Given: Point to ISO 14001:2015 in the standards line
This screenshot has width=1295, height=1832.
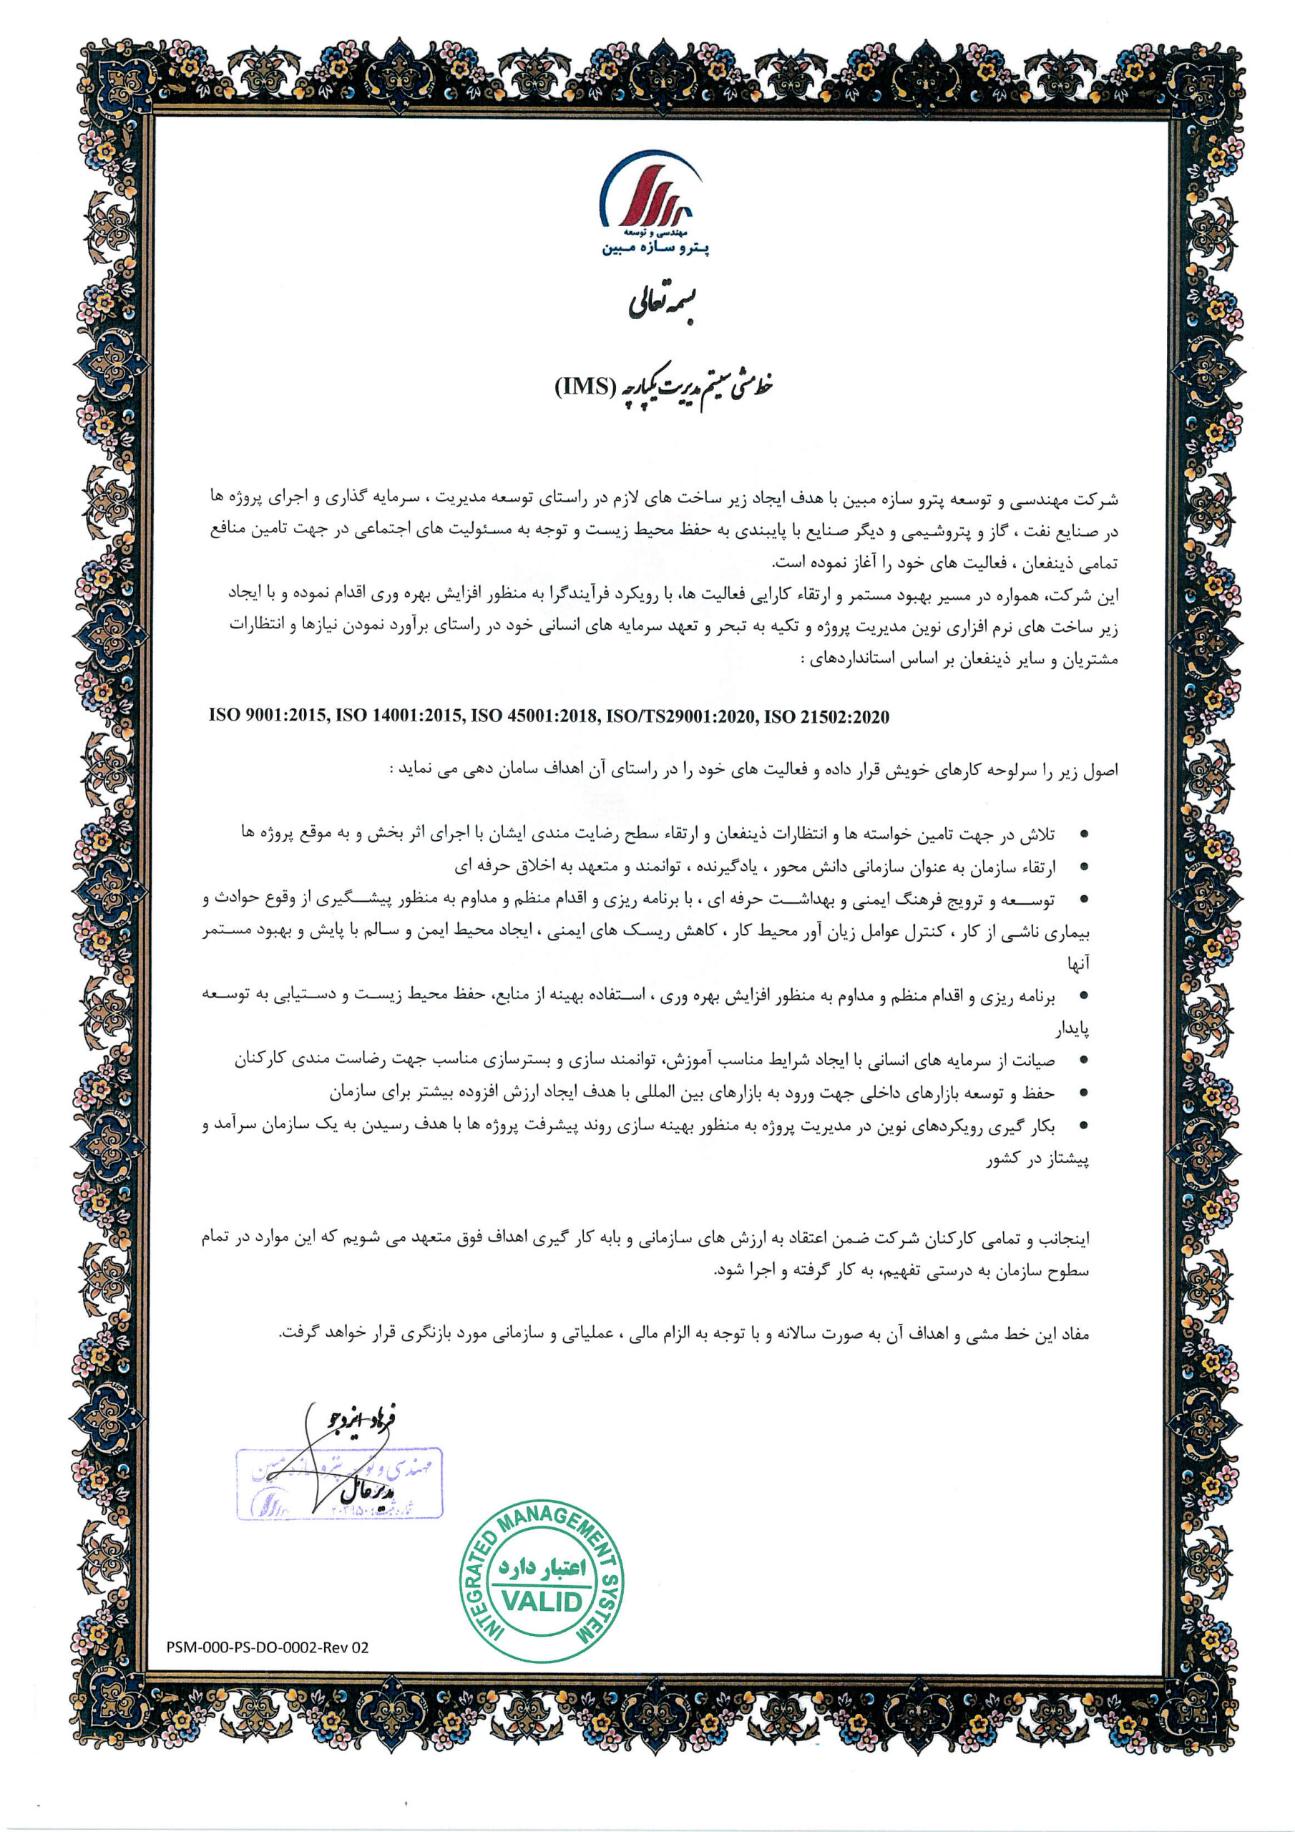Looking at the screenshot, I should point(399,716).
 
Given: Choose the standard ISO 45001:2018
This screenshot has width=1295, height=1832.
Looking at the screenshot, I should point(534,716).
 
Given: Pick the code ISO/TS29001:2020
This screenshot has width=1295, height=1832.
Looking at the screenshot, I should point(680,716).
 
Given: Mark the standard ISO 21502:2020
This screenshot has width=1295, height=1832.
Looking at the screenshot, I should point(826,716).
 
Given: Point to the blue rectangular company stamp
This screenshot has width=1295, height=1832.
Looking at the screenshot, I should point(339,1482).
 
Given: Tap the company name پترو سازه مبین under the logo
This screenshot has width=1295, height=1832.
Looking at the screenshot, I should point(656,249).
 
